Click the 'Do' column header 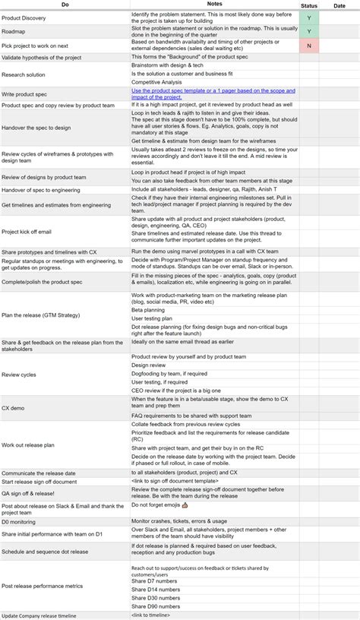(65, 5)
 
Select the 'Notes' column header (213, 5)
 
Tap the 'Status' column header (309, 5)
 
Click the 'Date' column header (339, 5)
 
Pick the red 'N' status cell (309, 45)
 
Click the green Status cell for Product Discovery (309, 16)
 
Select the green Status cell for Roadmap (309, 30)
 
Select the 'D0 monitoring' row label (21, 522)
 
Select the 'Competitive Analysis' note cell (158, 81)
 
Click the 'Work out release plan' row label (28, 445)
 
